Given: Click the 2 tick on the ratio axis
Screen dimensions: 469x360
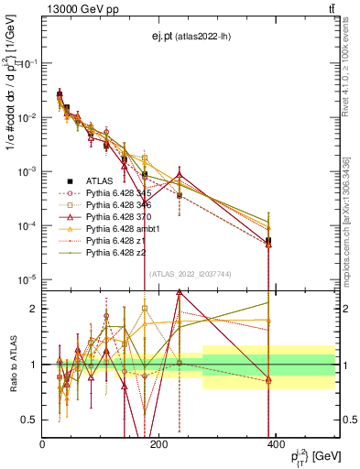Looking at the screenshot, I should click(35, 309).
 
